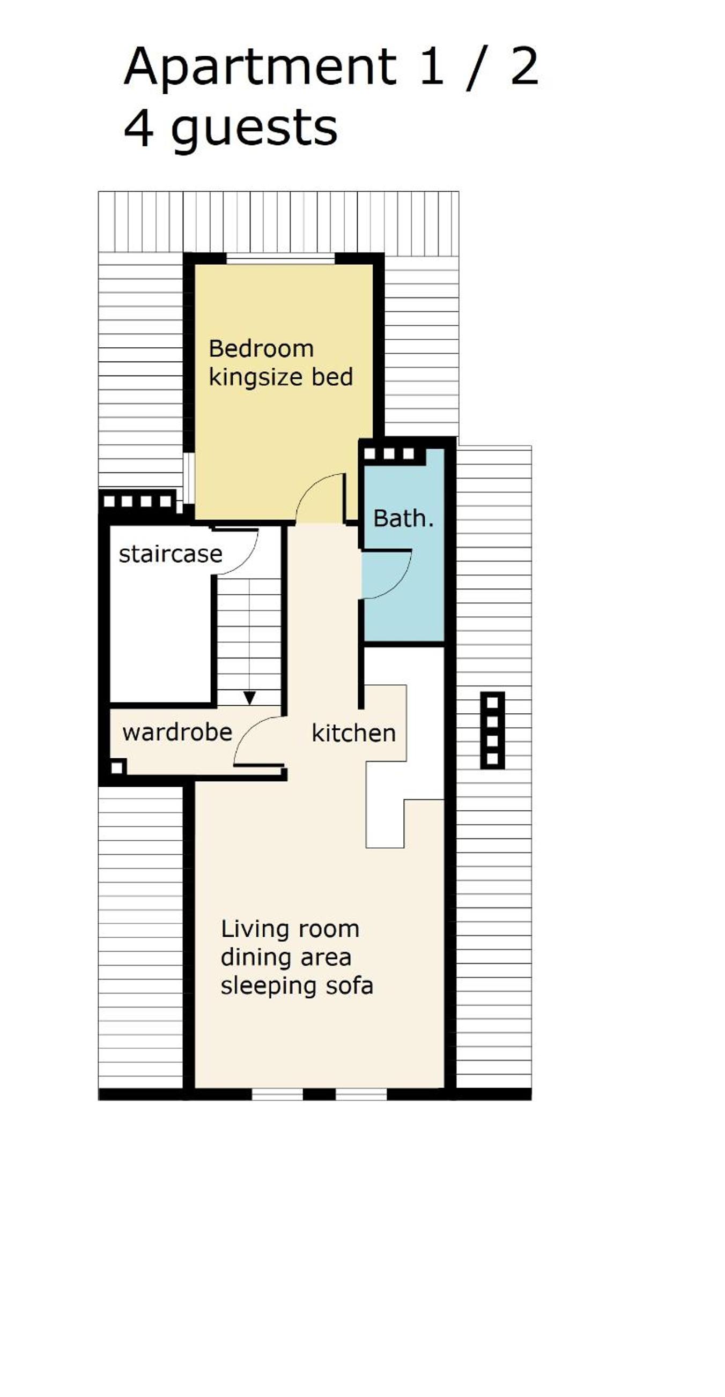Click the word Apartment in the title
coord(260,68)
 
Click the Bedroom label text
coord(261,349)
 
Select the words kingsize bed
coord(280,377)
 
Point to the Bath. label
coord(403,519)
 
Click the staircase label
coord(171,554)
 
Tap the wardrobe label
coord(177,733)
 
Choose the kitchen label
coord(353,733)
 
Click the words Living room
coord(290,929)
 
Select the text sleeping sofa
coord(297,986)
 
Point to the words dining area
coord(286,957)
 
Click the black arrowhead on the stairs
coord(249,698)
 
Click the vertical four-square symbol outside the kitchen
coord(492,730)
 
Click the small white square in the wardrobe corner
coord(117,768)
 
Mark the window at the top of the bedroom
coord(280,259)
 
